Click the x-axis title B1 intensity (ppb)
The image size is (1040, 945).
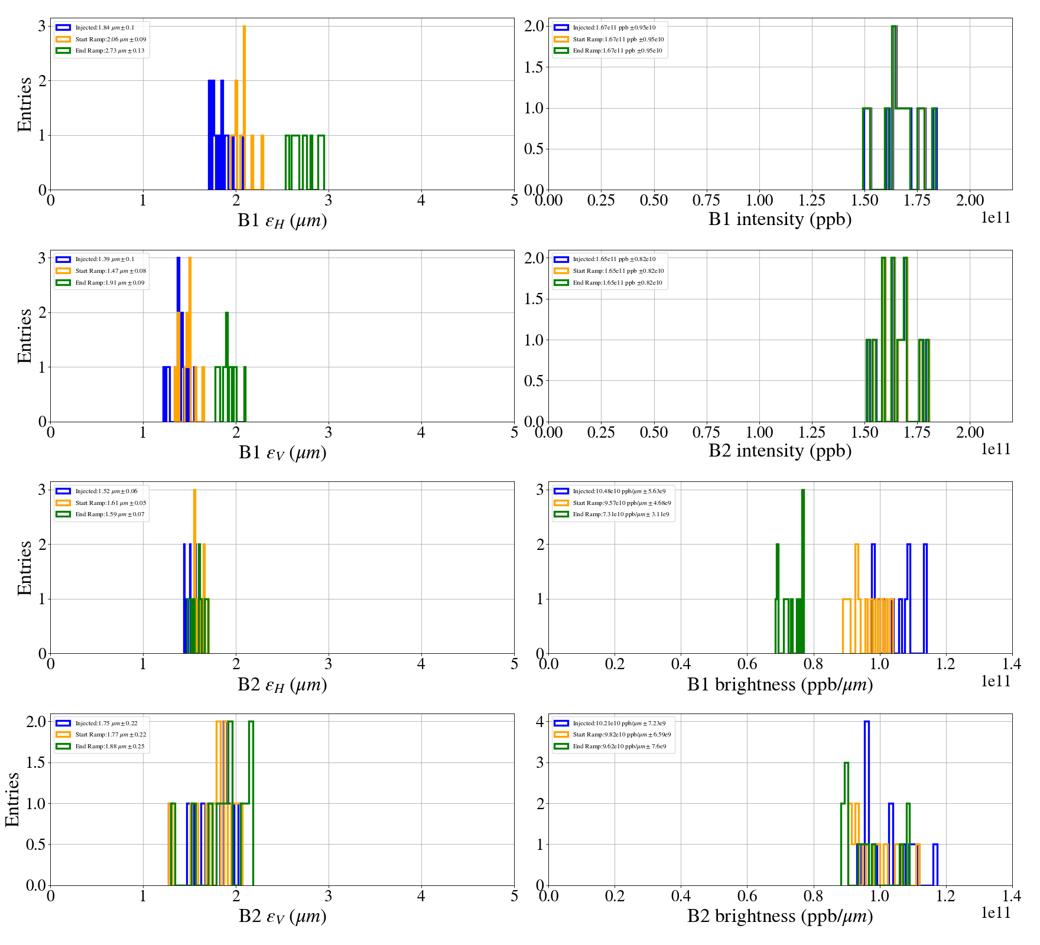click(780, 220)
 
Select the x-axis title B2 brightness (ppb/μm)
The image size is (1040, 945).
click(780, 916)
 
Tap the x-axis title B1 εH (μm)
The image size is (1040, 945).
click(282, 221)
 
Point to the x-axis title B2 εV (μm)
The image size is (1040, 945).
click(282, 917)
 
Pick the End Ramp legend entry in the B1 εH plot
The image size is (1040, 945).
click(109, 51)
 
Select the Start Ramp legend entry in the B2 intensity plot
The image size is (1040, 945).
click(618, 271)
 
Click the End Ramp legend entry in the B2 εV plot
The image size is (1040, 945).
click(110, 747)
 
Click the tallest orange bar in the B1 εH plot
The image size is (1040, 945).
click(244, 106)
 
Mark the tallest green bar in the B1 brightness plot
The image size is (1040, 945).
click(803, 570)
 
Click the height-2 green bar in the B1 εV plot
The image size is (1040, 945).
click(227, 366)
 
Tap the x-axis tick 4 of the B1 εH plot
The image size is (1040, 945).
click(421, 201)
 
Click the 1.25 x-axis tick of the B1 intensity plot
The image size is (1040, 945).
click(812, 201)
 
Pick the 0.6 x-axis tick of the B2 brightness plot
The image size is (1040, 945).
click(747, 897)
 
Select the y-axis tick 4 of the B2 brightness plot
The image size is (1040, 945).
click(539, 721)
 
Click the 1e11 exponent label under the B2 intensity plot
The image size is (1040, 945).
click(996, 449)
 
